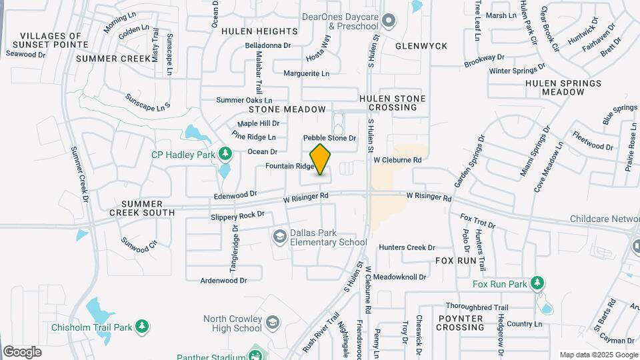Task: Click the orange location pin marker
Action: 321,159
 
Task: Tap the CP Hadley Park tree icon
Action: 225,155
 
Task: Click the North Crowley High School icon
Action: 272,323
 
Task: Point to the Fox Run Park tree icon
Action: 537,283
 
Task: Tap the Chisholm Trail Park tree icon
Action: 141,327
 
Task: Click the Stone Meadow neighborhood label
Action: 287,109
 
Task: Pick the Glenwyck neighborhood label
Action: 421,46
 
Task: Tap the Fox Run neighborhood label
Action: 457,260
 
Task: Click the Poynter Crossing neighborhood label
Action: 460,323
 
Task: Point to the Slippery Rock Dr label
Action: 237,216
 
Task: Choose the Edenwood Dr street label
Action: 235,195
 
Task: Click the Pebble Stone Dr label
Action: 330,138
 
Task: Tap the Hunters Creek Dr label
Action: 407,247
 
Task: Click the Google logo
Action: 22,351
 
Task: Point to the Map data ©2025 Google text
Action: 598,355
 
